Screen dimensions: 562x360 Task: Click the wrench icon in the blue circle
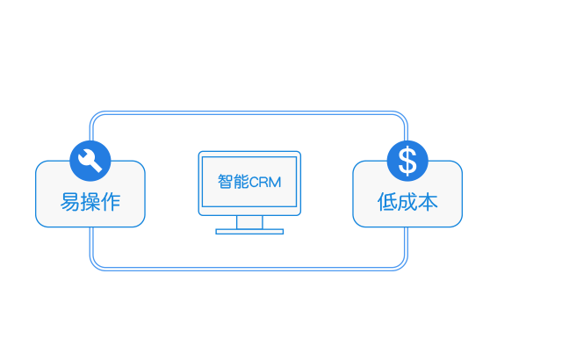click(x=90, y=161)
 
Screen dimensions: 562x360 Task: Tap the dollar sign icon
click(x=407, y=162)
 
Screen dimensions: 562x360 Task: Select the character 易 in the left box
click(x=70, y=202)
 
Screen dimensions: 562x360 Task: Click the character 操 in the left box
click(x=90, y=202)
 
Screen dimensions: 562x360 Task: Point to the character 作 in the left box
click(x=111, y=202)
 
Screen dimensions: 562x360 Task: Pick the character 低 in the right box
click(x=387, y=202)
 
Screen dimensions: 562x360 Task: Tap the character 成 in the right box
click(x=407, y=202)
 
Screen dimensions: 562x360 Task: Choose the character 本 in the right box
click(x=428, y=202)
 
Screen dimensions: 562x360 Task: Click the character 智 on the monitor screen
click(x=225, y=182)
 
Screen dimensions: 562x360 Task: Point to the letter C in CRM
click(x=254, y=183)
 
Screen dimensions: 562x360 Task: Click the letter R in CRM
click(x=263, y=183)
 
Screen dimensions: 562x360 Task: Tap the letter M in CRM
click(x=275, y=183)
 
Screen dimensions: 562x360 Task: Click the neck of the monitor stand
click(x=249, y=222)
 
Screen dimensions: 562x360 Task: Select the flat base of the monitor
click(x=249, y=232)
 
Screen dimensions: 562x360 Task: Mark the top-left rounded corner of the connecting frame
click(x=95, y=117)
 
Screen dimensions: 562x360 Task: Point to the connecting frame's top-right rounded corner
click(x=402, y=117)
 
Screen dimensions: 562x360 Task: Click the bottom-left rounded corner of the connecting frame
click(x=95, y=265)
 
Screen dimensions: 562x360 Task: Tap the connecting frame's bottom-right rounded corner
click(x=402, y=265)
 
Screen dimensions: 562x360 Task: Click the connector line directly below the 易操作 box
click(x=91, y=241)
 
